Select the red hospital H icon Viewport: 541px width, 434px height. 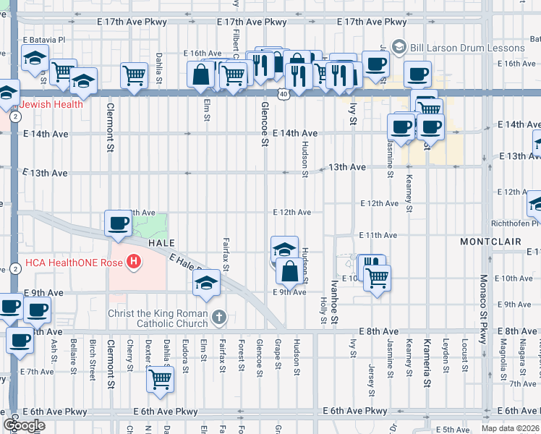[x=132, y=261]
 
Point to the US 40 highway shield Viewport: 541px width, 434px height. [x=282, y=94]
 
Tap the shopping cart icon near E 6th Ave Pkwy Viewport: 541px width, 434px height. [x=161, y=378]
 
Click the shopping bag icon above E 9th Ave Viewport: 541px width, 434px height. [x=289, y=272]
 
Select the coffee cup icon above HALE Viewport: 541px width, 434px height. [x=118, y=223]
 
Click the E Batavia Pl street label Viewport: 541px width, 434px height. [x=44, y=40]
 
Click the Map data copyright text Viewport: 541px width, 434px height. [x=500, y=428]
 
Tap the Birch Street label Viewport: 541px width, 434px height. [x=93, y=362]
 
